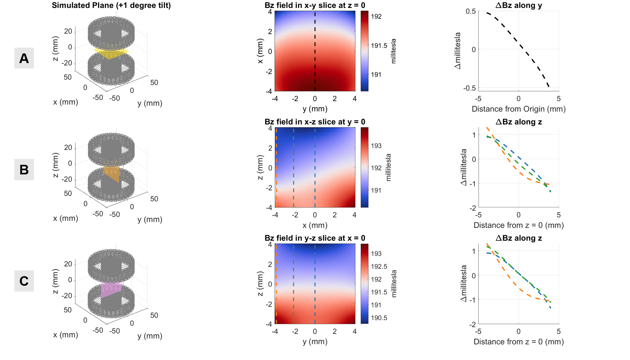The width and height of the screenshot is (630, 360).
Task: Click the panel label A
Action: click(24, 58)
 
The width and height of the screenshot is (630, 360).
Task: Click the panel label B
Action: click(24, 170)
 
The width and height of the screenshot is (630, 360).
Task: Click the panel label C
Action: click(24, 281)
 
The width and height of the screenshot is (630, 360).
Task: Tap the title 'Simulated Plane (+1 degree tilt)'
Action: click(111, 5)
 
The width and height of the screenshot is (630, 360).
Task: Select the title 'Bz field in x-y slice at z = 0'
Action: click(315, 5)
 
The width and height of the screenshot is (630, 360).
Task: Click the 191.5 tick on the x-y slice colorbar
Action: click(379, 46)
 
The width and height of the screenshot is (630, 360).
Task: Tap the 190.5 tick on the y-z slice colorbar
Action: click(379, 318)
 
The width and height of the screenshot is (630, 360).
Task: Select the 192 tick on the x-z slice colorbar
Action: click(376, 168)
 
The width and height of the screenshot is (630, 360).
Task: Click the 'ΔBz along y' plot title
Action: click(518, 5)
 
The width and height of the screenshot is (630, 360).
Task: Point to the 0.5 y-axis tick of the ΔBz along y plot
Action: click(470, 12)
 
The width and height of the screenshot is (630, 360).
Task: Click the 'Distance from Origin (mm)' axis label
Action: click(518, 109)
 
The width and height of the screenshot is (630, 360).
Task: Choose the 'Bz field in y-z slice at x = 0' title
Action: click(315, 238)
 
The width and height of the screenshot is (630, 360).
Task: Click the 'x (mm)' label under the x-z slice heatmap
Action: click(315, 225)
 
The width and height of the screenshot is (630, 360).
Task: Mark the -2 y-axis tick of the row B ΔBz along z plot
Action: click(472, 208)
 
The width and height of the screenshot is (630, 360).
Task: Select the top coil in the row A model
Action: click(111, 33)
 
